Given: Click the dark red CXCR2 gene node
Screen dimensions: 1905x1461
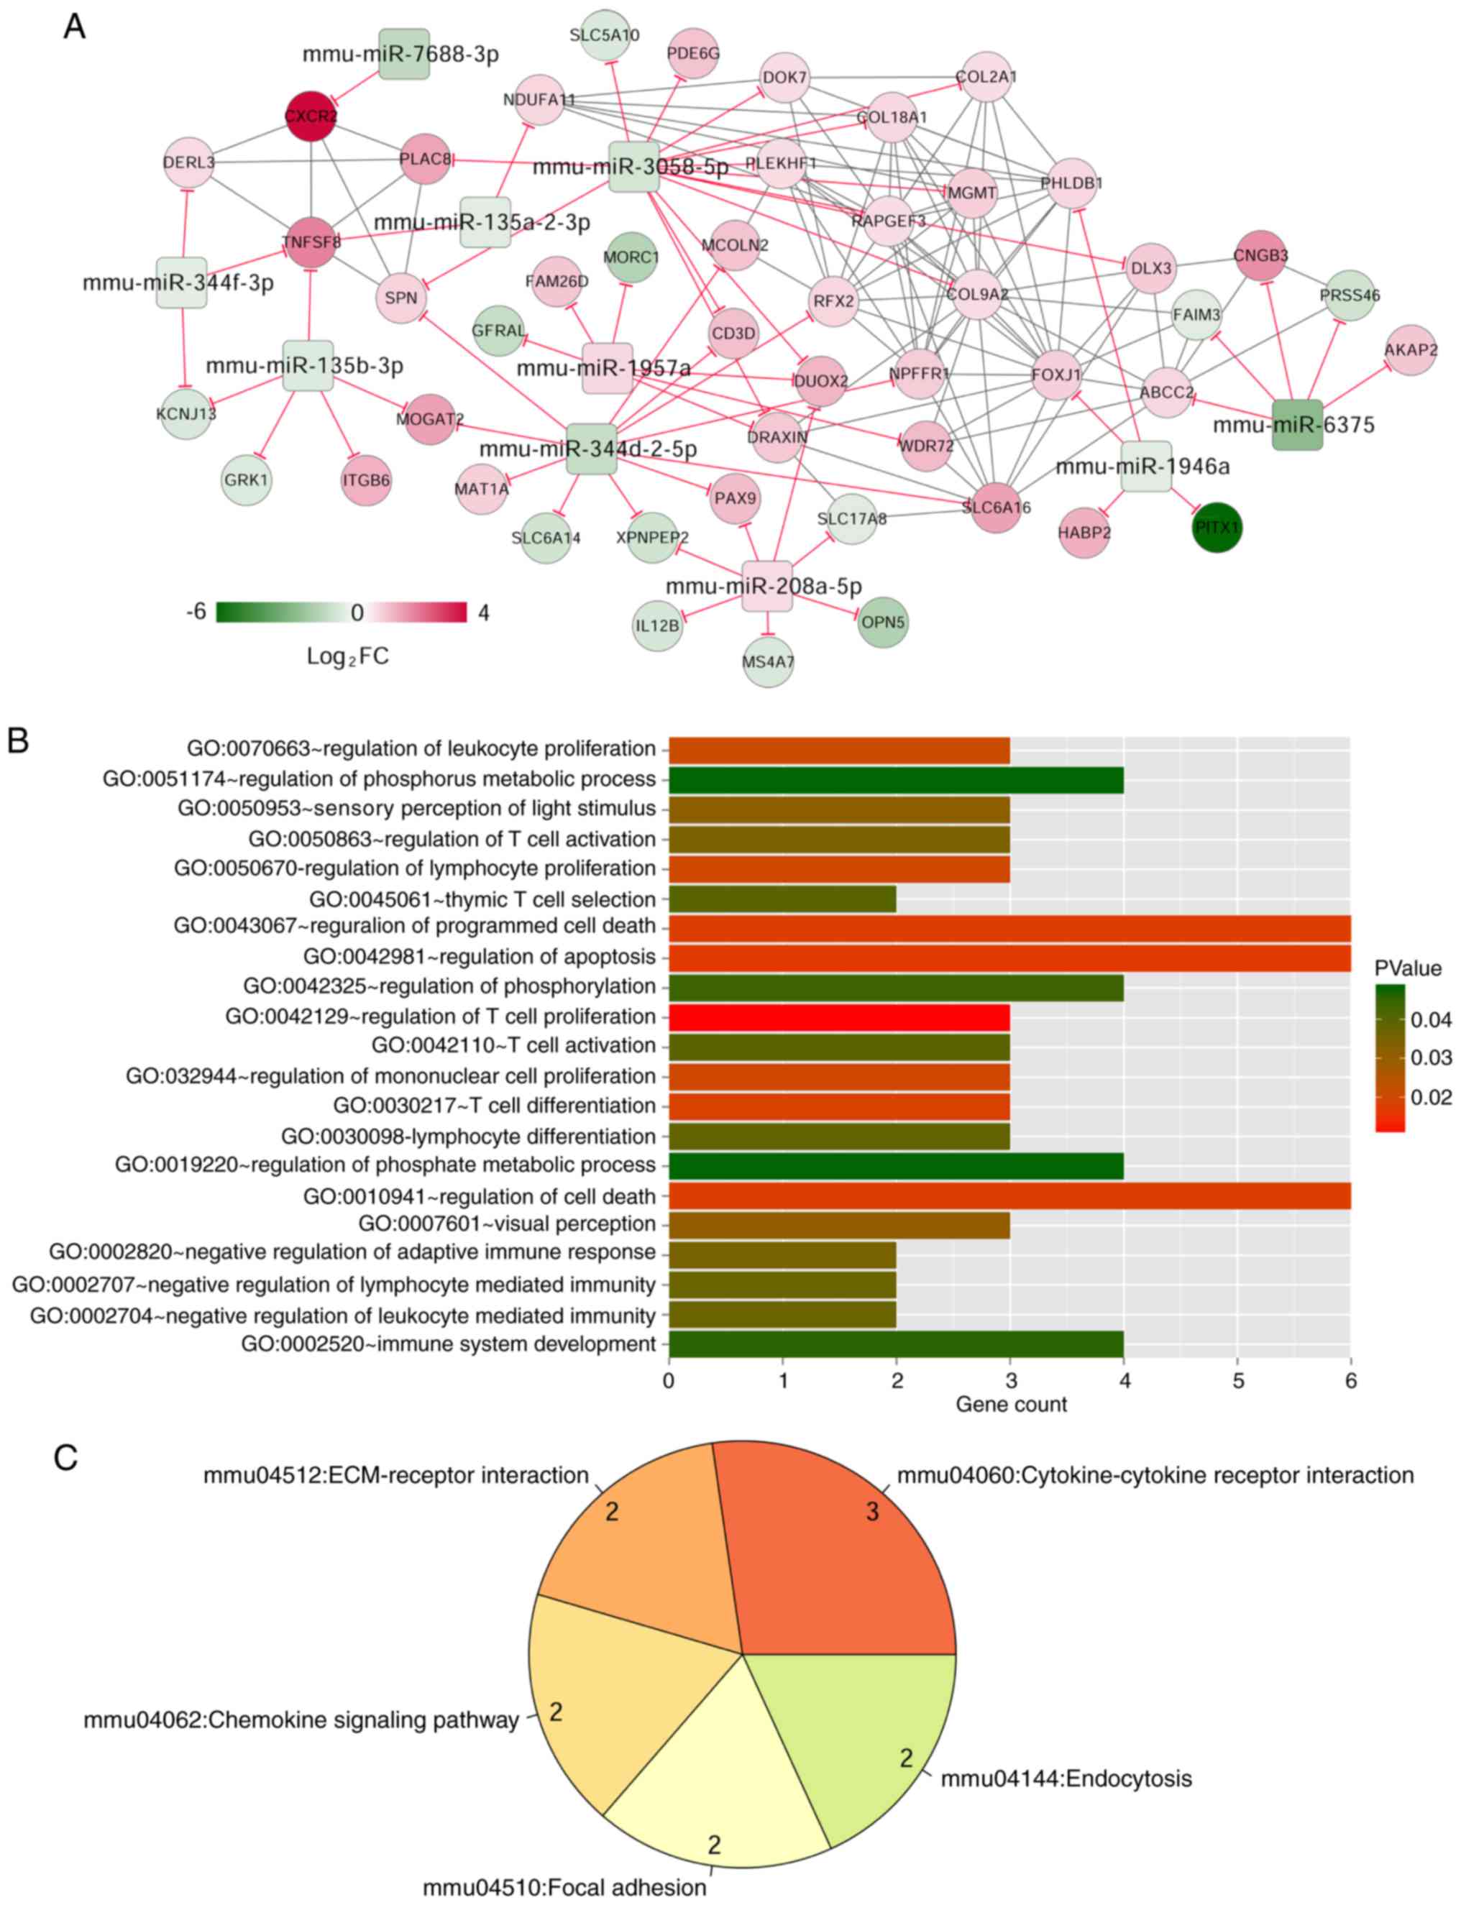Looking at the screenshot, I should point(311,116).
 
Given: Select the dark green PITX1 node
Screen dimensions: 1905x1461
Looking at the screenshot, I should point(1217,527).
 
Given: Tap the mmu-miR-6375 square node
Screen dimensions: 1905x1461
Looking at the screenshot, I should point(1296,424).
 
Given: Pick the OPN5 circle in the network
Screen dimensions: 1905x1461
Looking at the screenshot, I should point(883,622).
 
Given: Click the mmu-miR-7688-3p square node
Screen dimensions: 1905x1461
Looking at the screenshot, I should point(404,54).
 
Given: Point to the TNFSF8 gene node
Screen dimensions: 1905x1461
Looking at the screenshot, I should point(311,242).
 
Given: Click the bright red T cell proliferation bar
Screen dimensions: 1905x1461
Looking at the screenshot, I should point(839,1016).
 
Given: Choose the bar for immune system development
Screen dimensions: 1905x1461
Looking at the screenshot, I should point(896,1344).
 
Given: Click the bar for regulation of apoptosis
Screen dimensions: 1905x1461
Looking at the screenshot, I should point(1009,956).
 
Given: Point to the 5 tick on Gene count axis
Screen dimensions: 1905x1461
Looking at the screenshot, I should point(1237,1381).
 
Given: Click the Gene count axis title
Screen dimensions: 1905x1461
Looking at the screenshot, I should point(1010,1404).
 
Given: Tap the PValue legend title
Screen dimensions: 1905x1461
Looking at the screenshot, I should point(1407,968).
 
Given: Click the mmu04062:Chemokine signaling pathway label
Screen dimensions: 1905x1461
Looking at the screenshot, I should point(301,1720).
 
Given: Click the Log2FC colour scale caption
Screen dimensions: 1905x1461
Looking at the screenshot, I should point(347,656).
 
